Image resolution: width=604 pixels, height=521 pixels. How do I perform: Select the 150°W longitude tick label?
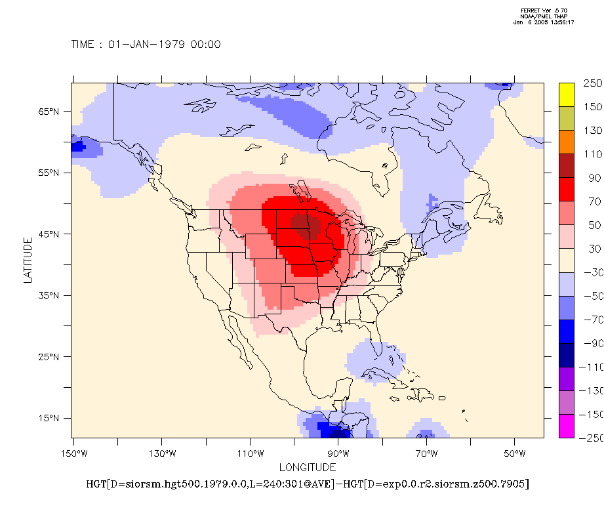[73, 453]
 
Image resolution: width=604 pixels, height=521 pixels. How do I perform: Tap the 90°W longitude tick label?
[338, 453]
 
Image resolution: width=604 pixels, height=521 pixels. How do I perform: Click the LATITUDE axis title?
[28, 260]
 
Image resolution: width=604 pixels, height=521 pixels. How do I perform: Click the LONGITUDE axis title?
[308, 468]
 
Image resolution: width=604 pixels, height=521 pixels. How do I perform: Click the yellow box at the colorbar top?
[567, 94]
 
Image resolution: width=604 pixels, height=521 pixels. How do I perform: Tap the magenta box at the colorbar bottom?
[567, 426]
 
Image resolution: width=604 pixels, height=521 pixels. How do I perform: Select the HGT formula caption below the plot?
[308, 485]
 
